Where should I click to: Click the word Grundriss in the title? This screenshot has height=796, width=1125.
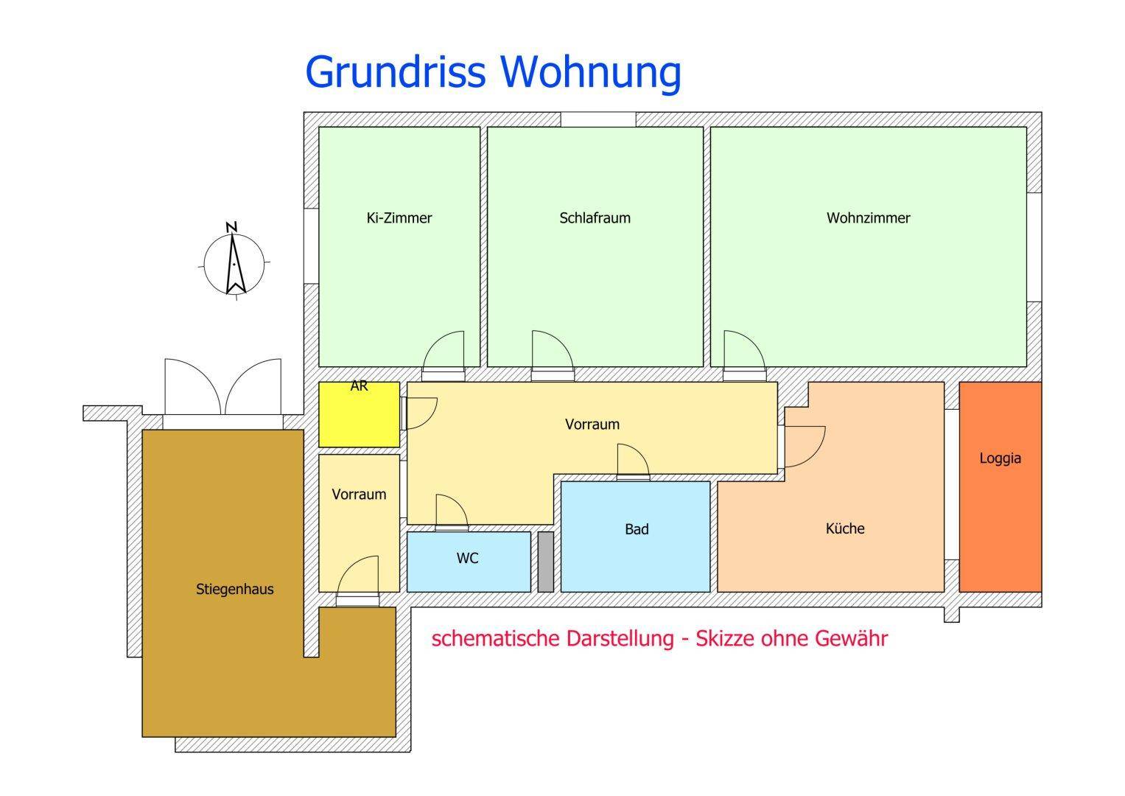(x=395, y=74)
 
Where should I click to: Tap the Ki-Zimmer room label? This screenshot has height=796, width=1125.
(x=399, y=218)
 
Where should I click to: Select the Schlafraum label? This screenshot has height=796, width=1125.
(x=595, y=218)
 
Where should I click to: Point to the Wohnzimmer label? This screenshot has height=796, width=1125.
(x=869, y=218)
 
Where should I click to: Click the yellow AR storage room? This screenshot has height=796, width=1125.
(x=359, y=414)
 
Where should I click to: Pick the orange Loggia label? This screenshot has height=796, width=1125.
(x=1000, y=458)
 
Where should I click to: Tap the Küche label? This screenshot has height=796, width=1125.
(x=845, y=528)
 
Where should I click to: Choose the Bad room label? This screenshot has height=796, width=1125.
(x=637, y=529)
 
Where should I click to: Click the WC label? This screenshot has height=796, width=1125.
(x=467, y=559)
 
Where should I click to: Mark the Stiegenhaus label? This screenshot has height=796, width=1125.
(x=234, y=589)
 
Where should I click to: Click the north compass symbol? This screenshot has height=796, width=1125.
(x=234, y=262)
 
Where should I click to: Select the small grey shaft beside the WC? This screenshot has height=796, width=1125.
(x=546, y=562)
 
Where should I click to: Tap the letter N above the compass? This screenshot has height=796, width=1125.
(x=231, y=227)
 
